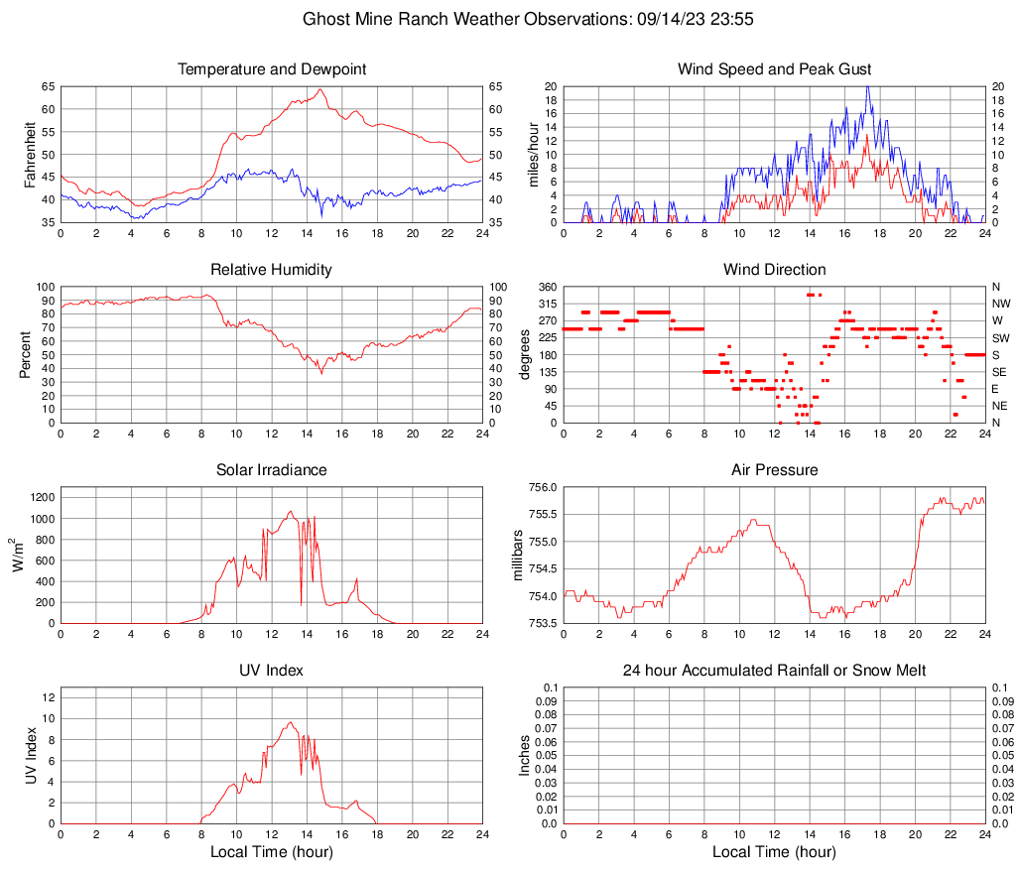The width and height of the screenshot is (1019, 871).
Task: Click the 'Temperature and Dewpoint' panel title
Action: tap(272, 69)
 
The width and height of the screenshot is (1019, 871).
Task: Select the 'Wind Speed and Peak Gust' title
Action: tap(774, 69)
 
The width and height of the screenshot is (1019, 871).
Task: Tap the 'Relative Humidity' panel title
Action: tap(272, 270)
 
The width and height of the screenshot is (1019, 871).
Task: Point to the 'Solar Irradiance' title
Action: tap(272, 470)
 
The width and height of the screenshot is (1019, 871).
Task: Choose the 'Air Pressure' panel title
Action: tap(774, 470)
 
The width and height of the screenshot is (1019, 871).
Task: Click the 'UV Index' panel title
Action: tap(272, 671)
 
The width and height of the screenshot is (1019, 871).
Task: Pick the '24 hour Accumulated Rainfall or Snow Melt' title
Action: tap(774, 671)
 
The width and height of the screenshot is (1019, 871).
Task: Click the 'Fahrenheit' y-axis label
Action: tap(29, 155)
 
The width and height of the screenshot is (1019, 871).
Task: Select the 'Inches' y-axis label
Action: tap(526, 756)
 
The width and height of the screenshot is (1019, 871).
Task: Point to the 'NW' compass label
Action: tap(1001, 304)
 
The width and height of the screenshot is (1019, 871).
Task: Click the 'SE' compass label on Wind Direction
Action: tap(1000, 372)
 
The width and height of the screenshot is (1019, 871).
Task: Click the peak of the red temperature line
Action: tap(319, 89)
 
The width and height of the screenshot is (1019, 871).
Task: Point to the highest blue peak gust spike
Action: tap(868, 86)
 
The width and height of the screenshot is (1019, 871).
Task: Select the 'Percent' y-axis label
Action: tap(25, 355)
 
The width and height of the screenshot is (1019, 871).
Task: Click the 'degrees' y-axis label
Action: tap(526, 355)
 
